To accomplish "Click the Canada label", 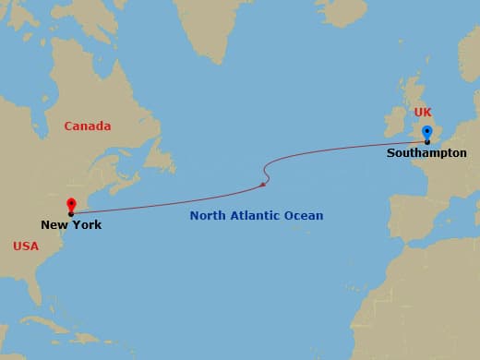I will (87, 126).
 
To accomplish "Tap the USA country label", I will (26, 246).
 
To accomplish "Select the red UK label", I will (423, 113).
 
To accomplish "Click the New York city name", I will (71, 225).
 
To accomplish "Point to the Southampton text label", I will (426, 153).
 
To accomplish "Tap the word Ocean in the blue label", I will (304, 216).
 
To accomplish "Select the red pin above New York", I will (71, 203).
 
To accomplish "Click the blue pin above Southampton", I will (426, 131).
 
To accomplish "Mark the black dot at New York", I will (71, 214).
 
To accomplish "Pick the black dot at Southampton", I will (426, 142).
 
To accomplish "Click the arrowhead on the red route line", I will (264, 185).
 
